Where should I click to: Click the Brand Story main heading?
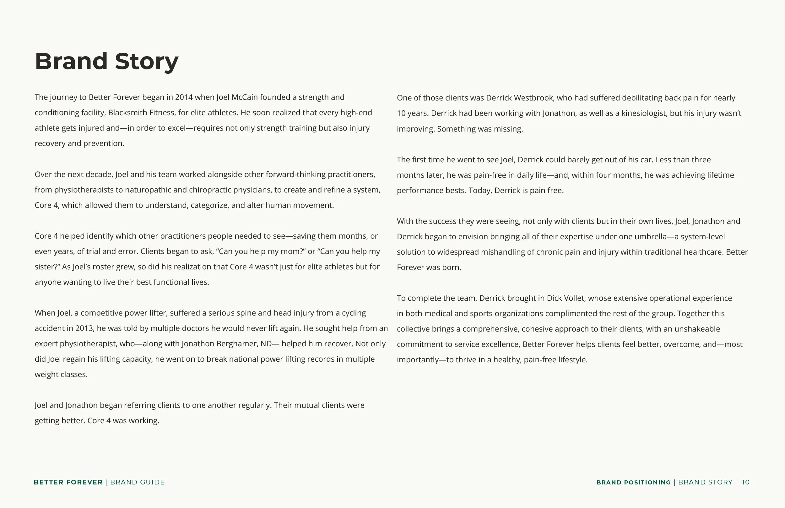(106, 61)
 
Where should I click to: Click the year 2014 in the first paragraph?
(184, 97)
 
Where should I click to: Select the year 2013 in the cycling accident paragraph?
(84, 328)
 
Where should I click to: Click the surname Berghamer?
(237, 344)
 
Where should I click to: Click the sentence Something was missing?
(480, 129)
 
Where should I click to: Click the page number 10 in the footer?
(745, 482)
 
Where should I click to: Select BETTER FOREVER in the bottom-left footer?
(68, 482)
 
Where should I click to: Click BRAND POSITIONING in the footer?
(633, 482)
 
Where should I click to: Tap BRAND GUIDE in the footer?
(137, 482)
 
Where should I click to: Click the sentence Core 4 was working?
(123, 421)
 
